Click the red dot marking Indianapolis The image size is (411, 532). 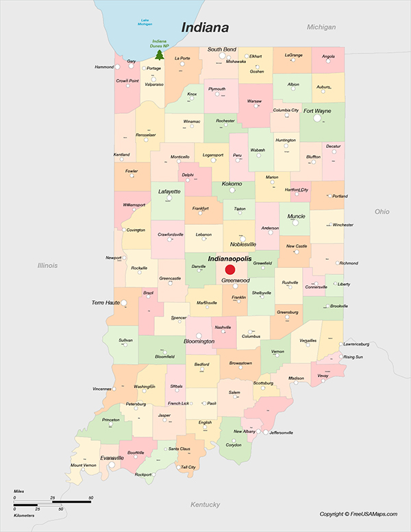click(x=230, y=270)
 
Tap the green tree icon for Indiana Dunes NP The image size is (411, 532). click(x=159, y=54)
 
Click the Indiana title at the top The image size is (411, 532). click(x=204, y=27)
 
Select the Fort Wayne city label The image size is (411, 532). click(x=317, y=110)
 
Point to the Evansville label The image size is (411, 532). click(x=112, y=457)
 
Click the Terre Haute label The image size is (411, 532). click(x=105, y=302)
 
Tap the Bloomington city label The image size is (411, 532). click(x=199, y=341)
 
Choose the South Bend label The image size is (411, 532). click(x=222, y=50)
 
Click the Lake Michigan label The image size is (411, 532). click(x=145, y=22)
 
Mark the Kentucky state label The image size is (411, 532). click(x=205, y=505)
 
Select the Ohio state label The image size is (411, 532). click(x=382, y=212)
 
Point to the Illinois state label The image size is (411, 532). click(x=47, y=265)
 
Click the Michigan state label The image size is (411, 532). click(x=321, y=27)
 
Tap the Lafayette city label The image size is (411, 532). click(x=169, y=191)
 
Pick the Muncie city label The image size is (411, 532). click(x=297, y=216)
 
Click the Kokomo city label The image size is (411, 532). click(x=232, y=184)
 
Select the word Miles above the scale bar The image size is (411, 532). click(x=18, y=492)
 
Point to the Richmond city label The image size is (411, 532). click(x=349, y=263)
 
